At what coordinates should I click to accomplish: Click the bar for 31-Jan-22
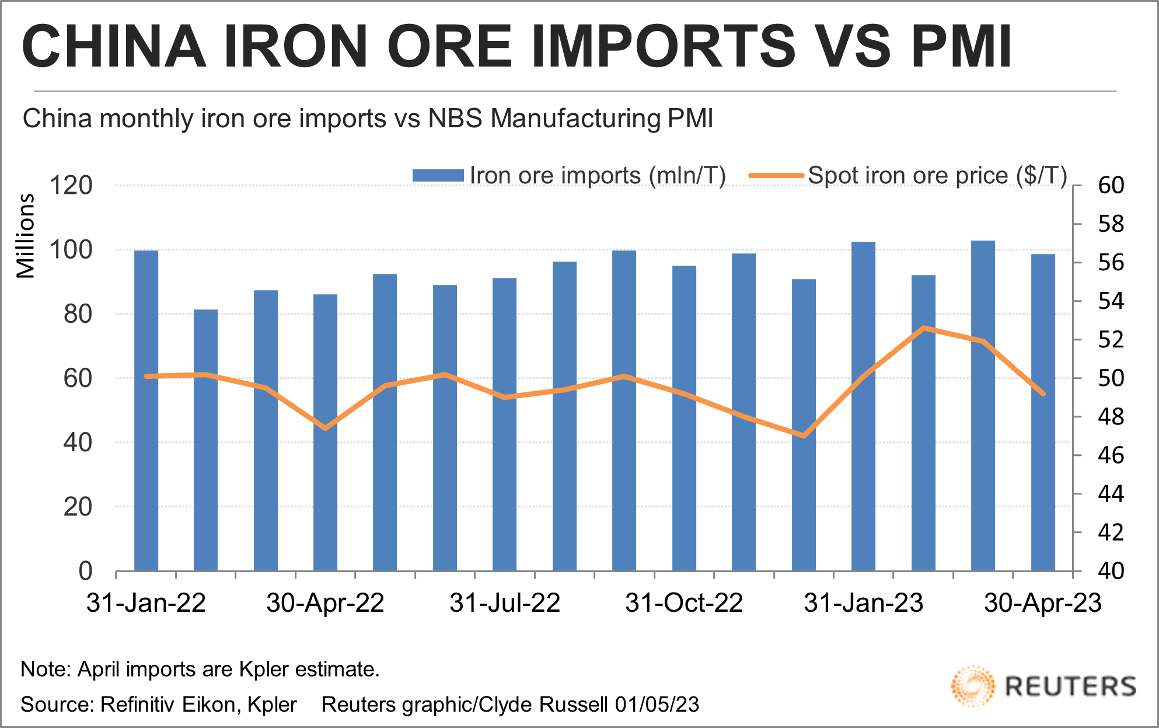(x=146, y=410)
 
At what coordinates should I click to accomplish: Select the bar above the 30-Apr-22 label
(x=325, y=433)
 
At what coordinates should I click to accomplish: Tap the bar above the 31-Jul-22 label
(x=504, y=424)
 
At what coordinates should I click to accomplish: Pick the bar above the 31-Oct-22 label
(x=684, y=418)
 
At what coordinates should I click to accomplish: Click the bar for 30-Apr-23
(x=1043, y=412)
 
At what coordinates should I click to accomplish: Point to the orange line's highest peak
(x=923, y=328)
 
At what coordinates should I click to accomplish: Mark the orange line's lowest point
(x=804, y=436)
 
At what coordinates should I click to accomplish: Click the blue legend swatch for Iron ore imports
(x=438, y=175)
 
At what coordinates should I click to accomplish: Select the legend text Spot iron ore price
(x=908, y=175)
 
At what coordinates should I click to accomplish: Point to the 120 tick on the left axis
(x=71, y=186)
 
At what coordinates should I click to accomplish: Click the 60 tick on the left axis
(x=78, y=378)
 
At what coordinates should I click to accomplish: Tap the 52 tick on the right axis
(x=1111, y=340)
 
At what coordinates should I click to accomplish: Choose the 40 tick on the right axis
(x=1111, y=571)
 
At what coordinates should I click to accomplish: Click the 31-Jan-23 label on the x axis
(x=863, y=603)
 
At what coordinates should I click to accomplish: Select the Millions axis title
(x=26, y=236)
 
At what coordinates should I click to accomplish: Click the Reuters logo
(x=1043, y=686)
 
